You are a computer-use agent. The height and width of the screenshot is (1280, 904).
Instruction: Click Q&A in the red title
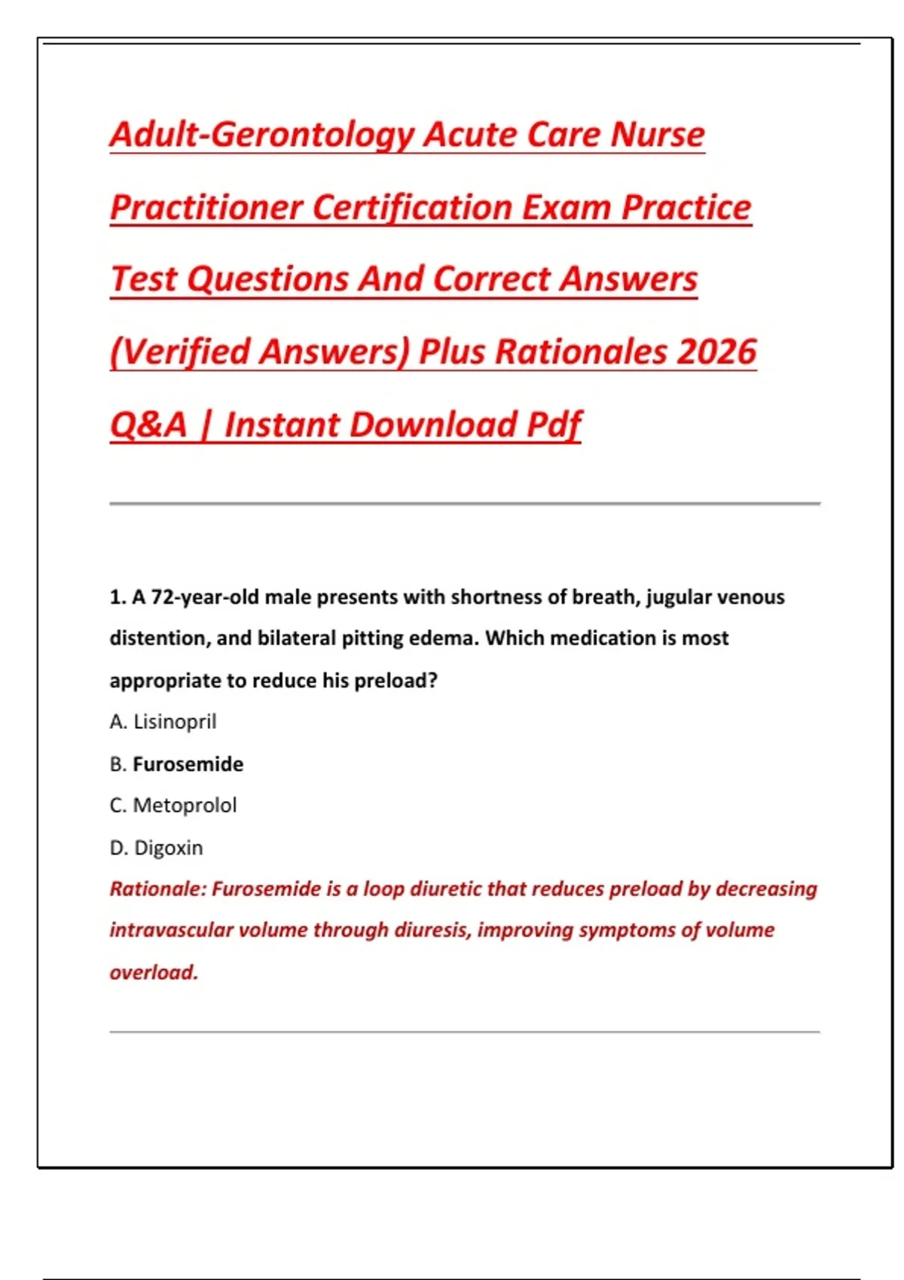148,425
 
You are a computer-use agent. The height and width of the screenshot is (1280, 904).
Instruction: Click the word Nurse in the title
657,136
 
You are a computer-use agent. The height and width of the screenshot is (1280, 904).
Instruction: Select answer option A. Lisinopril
163,721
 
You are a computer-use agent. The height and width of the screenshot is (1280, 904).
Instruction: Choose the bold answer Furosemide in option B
188,764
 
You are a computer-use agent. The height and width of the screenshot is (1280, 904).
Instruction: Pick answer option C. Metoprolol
173,806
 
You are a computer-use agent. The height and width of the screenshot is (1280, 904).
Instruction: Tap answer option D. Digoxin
156,848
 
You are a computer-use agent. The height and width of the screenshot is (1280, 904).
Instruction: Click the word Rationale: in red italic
157,889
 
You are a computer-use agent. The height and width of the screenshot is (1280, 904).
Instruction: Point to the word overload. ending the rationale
154,972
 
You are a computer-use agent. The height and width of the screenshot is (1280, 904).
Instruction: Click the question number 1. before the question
118,597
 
